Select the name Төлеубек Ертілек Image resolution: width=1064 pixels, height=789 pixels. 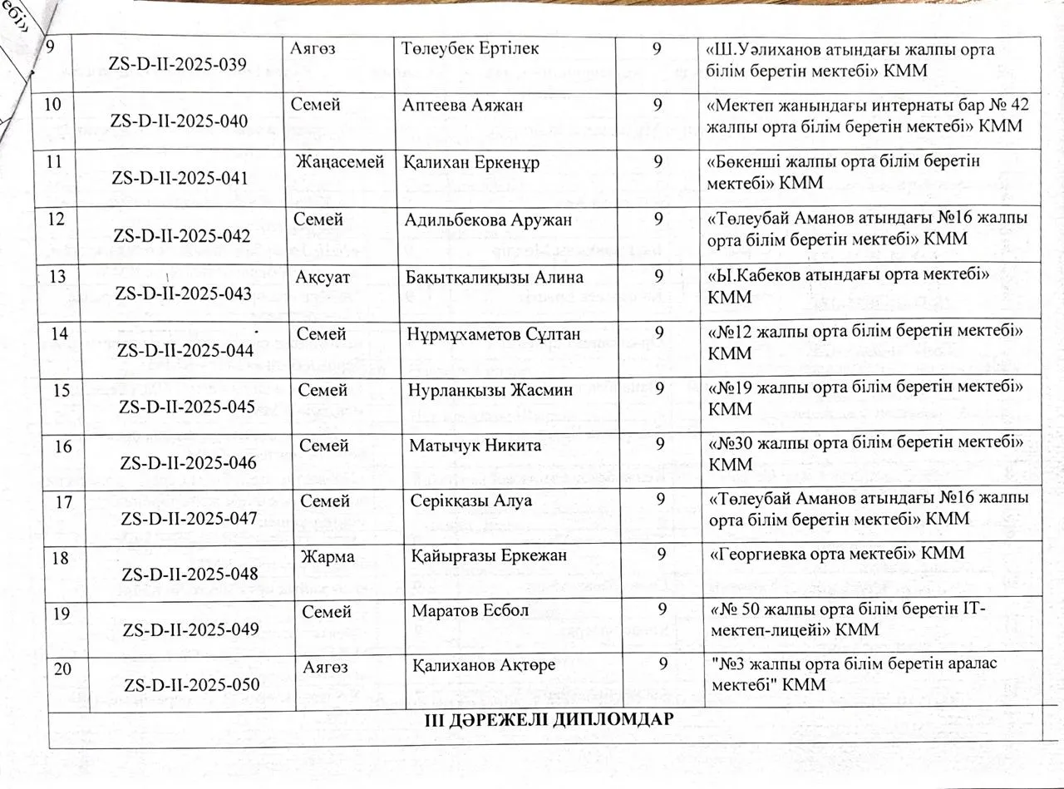click(x=470, y=49)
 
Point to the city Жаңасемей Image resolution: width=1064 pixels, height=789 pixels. click(x=340, y=162)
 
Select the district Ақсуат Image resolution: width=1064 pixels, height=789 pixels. click(x=320, y=277)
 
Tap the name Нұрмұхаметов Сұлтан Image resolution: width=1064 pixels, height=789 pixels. click(x=494, y=334)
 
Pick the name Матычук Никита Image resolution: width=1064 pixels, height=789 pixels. click(x=475, y=446)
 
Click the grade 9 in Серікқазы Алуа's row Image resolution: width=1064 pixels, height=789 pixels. click(x=660, y=500)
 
